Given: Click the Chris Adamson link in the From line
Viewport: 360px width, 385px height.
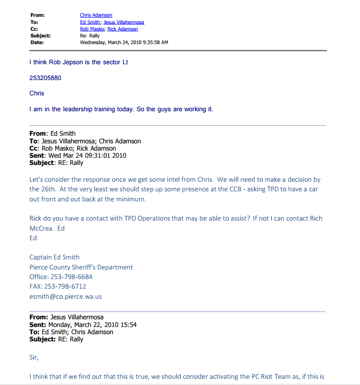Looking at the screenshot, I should [x=96, y=15].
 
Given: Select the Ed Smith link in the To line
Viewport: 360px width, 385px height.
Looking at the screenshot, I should [x=91, y=22].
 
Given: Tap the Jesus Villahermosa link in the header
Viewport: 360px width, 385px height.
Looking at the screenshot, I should [x=124, y=22].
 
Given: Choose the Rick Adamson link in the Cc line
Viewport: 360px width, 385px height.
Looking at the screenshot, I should [x=123, y=29].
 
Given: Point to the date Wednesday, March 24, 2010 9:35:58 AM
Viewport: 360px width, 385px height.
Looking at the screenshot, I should [x=124, y=42].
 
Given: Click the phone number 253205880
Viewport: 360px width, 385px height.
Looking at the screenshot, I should [x=45, y=78].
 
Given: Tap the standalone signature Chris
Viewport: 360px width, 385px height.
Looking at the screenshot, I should [x=37, y=93].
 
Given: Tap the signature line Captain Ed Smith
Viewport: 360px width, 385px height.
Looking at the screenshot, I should [x=54, y=257].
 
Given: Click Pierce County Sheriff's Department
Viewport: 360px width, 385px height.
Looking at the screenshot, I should [x=81, y=267].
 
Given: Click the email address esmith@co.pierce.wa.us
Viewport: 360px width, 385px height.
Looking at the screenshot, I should [x=65, y=296].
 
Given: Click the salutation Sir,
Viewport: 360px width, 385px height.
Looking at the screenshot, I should [x=34, y=357].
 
